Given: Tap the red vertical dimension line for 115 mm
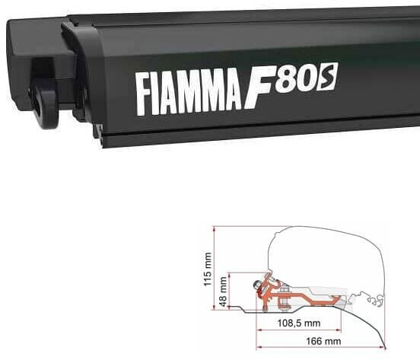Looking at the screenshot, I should tap(217, 266).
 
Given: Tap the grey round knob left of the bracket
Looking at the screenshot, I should tap(261, 287).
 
